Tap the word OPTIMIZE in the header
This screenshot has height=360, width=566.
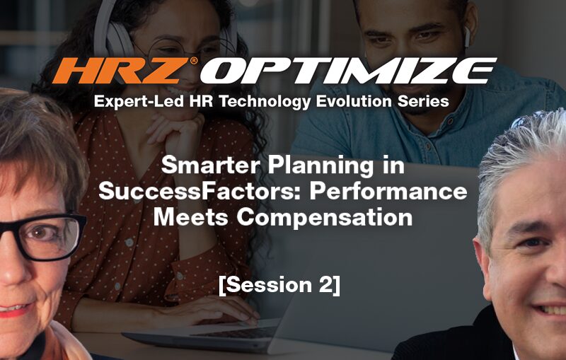pyautogui.click(x=348, y=71)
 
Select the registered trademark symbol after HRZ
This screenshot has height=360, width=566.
pyautogui.click(x=194, y=61)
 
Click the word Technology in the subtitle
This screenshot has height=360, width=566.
pyautogui.click(x=264, y=102)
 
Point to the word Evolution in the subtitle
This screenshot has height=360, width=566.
pyautogui.click(x=354, y=101)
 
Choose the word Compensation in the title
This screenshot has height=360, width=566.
pyautogui.click(x=325, y=218)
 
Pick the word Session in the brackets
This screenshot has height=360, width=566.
pyautogui.click(x=269, y=285)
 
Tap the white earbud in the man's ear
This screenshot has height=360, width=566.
pyautogui.click(x=467, y=37)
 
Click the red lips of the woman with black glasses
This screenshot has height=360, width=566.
pyautogui.click(x=13, y=311)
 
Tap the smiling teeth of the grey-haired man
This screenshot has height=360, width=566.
pyautogui.click(x=552, y=310)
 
